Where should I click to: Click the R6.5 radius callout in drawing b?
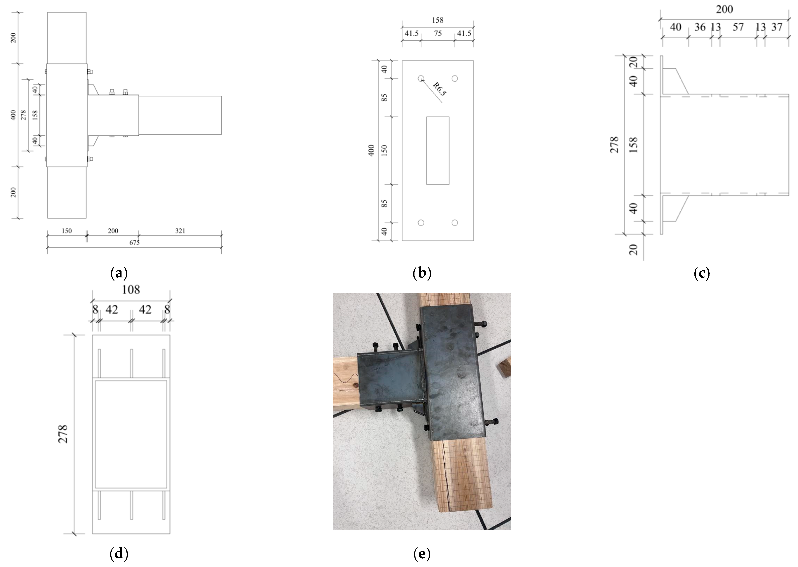tap(439, 89)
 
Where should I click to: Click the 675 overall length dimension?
tap(134, 243)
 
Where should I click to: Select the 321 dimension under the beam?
tap(180, 231)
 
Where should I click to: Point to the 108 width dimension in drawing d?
tap(131, 289)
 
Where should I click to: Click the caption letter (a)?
tap(119, 273)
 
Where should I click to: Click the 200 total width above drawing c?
tap(724, 9)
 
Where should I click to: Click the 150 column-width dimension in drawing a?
tap(66, 231)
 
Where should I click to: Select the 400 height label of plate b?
tap(371, 150)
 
